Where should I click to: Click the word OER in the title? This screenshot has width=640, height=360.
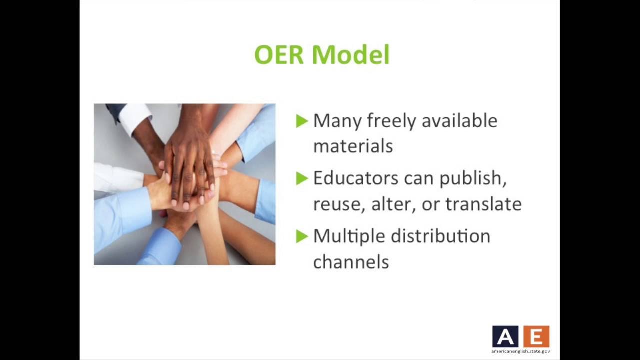(x=279, y=54)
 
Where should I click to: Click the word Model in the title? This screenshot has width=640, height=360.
(x=351, y=54)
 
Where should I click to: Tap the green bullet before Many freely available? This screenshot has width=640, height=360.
(x=302, y=121)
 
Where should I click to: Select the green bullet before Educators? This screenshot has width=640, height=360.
(x=302, y=179)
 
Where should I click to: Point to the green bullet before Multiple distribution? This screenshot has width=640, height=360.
(x=302, y=237)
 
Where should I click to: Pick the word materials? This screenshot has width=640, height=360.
(x=353, y=146)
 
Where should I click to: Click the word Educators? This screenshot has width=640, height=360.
(x=356, y=178)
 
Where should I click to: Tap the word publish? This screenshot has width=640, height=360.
(x=473, y=179)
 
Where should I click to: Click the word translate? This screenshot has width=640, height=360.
(x=483, y=204)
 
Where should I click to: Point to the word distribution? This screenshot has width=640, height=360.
(x=440, y=236)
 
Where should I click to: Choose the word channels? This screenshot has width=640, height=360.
(x=351, y=262)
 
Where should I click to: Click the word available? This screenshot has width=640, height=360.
(x=459, y=121)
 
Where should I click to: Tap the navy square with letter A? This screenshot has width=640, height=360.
(x=505, y=336)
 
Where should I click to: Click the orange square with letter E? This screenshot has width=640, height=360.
(x=536, y=336)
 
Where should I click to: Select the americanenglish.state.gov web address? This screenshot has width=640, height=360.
(x=521, y=351)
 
